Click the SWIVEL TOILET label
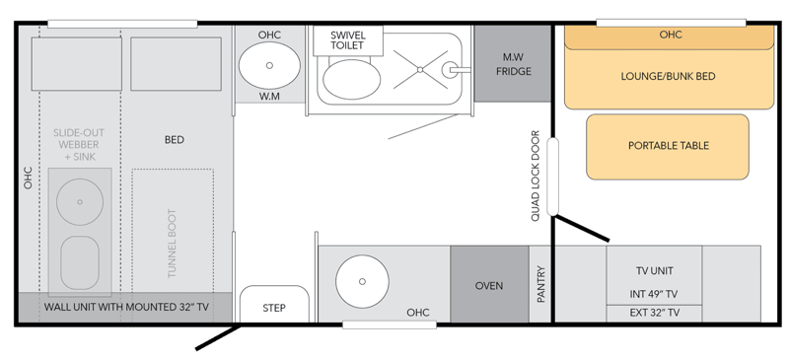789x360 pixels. [348, 40]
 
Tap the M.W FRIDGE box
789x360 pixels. [513, 63]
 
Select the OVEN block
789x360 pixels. [489, 284]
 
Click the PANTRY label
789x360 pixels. [540, 284]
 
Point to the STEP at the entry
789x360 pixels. [274, 304]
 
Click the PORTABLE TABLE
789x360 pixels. [668, 147]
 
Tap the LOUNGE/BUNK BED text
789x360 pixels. [669, 77]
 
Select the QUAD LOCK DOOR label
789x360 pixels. [535, 176]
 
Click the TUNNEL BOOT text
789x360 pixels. [172, 244]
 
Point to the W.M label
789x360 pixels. [269, 97]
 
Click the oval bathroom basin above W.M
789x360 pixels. [269, 65]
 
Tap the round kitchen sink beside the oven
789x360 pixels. [362, 281]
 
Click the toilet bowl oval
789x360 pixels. [352, 79]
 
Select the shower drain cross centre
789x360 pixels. [420, 69]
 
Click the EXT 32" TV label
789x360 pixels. [654, 313]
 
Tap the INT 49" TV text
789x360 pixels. [654, 294]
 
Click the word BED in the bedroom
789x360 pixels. [175, 139]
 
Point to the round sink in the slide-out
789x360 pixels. [80, 202]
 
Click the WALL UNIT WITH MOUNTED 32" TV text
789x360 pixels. [126, 307]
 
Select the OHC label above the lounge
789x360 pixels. [671, 35]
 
